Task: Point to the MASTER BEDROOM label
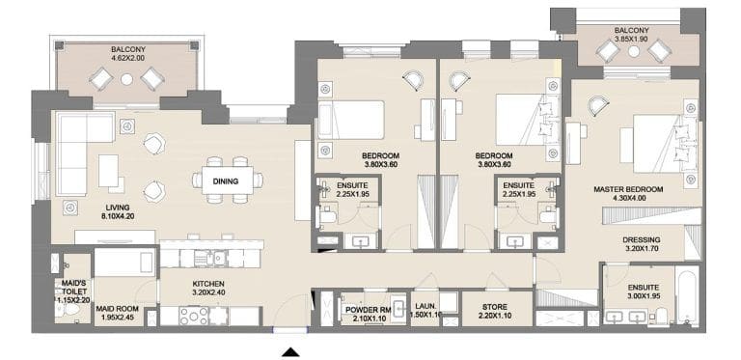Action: pos(627,189)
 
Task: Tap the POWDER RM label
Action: pos(367,309)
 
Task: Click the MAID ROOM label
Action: pos(119,309)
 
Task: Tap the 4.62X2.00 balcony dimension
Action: pos(126,57)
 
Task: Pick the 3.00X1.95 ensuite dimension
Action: pos(644,298)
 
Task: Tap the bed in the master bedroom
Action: pos(658,140)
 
